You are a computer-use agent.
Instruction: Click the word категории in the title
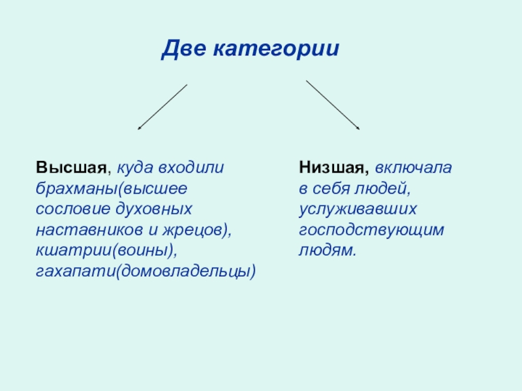point(276,49)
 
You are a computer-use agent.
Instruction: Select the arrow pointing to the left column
point(162,106)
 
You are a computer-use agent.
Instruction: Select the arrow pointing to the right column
point(333,105)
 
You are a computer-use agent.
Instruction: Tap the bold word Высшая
point(70,167)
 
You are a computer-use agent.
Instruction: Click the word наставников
point(84,230)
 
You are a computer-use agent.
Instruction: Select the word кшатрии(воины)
point(106,251)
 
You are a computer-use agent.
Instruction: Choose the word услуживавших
point(358,209)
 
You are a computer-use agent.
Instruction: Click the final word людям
point(328,251)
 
